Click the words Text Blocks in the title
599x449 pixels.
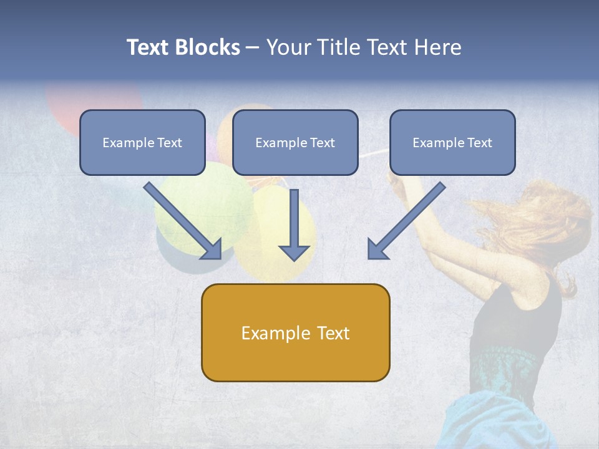(x=183, y=47)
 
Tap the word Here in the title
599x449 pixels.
(x=436, y=47)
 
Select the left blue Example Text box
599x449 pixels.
(x=142, y=142)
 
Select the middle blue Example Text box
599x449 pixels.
(x=295, y=142)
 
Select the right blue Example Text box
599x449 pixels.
(x=452, y=142)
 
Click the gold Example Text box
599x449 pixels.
(x=295, y=332)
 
